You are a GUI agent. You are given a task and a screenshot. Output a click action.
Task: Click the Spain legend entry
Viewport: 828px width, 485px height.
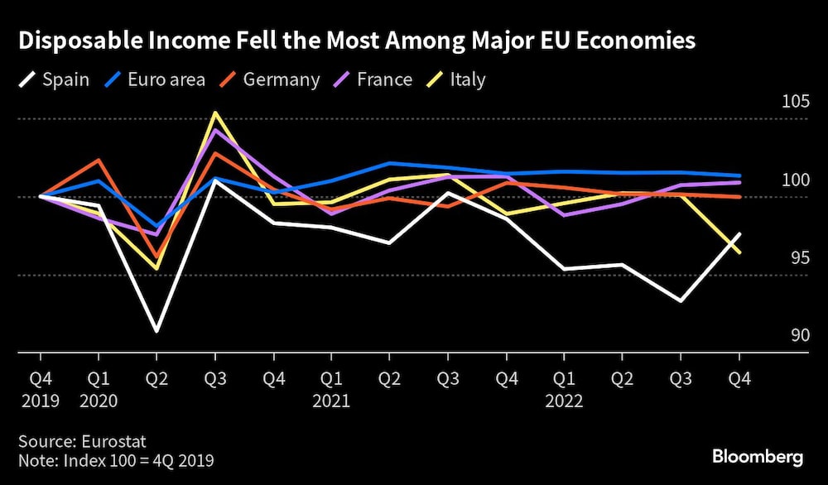pos(53,80)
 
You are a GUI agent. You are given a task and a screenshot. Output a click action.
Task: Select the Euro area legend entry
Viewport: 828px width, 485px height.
pos(155,80)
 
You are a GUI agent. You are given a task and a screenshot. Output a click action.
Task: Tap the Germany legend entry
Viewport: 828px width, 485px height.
pos(270,80)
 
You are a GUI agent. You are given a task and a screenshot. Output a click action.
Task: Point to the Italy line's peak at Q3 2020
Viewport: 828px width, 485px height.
pos(215,113)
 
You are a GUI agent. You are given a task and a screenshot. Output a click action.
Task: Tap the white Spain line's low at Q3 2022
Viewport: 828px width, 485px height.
pos(681,300)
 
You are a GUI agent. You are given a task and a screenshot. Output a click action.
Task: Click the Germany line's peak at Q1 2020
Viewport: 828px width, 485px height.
pos(99,160)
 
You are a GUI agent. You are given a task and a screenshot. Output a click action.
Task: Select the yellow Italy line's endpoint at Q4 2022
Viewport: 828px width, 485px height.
pos(739,252)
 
